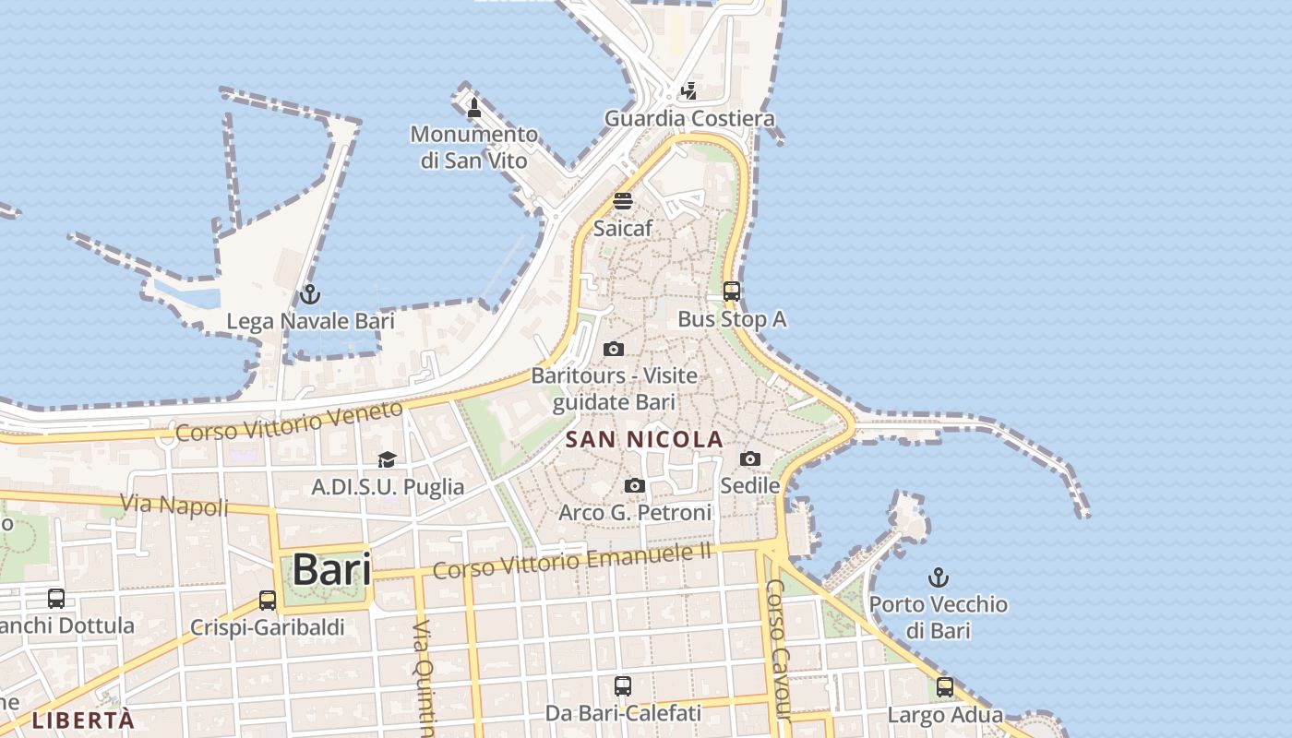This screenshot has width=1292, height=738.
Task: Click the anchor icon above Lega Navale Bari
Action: point(310,294)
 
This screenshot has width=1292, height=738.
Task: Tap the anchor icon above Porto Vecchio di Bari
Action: point(938,577)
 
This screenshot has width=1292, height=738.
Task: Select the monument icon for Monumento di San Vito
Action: point(474,107)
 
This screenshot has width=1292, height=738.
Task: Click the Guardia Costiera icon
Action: point(689,90)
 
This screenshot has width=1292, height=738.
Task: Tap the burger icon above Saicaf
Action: point(623,201)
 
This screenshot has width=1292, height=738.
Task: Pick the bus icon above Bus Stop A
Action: point(732,292)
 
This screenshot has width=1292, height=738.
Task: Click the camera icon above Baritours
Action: point(614,349)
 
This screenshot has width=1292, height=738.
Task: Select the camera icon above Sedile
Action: point(750,458)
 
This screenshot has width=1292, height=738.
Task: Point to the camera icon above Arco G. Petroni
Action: point(635,485)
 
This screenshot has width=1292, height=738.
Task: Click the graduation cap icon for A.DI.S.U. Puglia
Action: point(387,459)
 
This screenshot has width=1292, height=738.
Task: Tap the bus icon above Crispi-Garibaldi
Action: point(268,601)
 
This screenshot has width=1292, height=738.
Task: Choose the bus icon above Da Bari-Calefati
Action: point(623,685)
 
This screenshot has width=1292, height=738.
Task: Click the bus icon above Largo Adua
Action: point(945,687)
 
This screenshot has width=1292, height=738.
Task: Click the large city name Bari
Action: point(331,569)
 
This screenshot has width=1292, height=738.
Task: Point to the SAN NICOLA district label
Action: point(644,440)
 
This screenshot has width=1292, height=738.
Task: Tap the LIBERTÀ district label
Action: point(83,720)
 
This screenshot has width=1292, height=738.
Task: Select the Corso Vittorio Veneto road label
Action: point(290,419)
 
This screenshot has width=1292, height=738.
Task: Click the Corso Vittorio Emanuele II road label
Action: point(572,559)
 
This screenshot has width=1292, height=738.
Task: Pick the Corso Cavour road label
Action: point(778,650)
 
